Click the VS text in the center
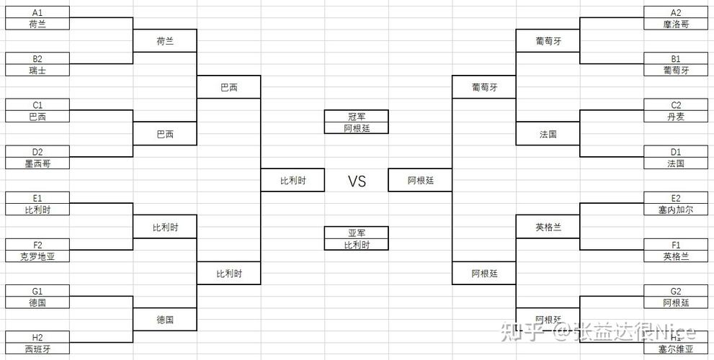pos(357,181)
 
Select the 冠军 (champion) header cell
pos(357,116)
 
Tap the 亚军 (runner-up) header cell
pos(357,233)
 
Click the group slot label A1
pos(37,12)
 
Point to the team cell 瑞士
pos(37,70)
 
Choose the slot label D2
pos(37,152)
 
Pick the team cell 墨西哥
pos(37,163)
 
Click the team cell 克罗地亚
pos(37,256)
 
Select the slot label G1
pos(37,291)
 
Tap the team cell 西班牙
pos(37,349)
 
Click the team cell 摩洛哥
pos(675,24)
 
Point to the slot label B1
pos(675,58)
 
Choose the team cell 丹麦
pos(675,117)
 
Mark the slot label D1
pos(675,152)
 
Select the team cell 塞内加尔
pos(675,210)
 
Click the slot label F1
pos(675,245)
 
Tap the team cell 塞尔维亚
pos(675,349)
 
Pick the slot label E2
pos(675,198)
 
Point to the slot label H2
pos(37,338)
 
